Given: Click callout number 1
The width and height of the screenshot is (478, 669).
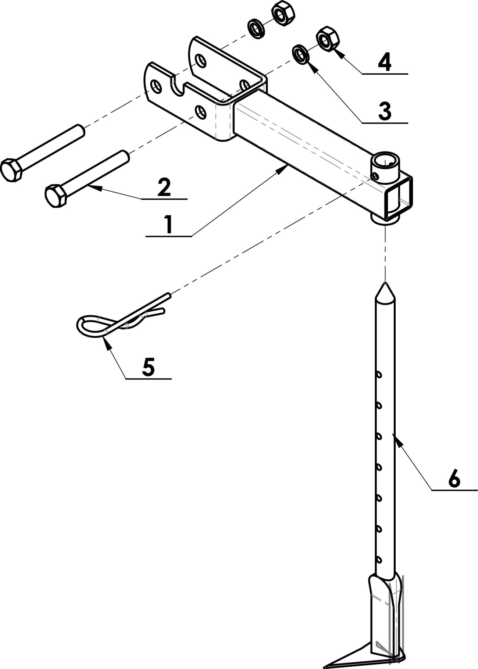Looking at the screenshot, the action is (168, 225).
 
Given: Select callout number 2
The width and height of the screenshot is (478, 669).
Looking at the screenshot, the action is (164, 187).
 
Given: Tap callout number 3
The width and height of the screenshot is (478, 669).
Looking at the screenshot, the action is (385, 111).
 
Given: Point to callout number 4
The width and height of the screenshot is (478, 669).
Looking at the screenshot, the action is (385, 62).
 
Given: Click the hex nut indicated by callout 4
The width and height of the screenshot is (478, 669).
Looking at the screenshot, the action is (328, 39).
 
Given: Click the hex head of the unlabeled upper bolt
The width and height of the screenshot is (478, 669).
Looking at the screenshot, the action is (12, 170).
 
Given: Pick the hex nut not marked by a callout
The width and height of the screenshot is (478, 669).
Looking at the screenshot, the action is (283, 14).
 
